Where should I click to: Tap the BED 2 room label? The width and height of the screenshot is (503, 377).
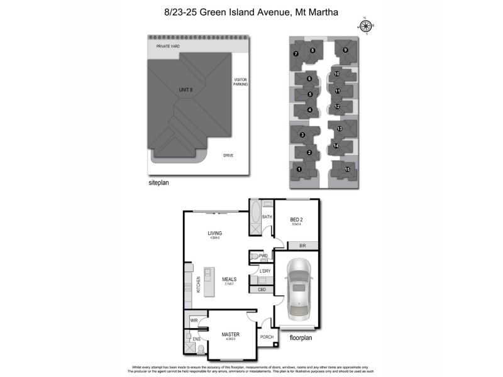click(x=296, y=220)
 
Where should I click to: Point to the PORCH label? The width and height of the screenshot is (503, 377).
click(x=267, y=337)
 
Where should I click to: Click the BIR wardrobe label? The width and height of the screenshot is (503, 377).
click(x=302, y=245)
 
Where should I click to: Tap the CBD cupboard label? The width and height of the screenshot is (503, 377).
click(x=262, y=290)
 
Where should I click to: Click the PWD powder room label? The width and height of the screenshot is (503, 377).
click(x=263, y=256)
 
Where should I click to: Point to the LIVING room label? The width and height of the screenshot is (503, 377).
click(x=216, y=233)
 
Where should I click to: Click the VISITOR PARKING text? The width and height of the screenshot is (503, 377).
click(x=241, y=82)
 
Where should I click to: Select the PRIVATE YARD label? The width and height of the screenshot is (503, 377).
click(x=169, y=46)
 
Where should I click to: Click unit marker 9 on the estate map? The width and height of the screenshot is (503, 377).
click(x=345, y=50)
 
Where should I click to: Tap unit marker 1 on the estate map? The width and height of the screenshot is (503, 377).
click(x=299, y=169)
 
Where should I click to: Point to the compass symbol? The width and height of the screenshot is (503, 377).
click(x=365, y=26)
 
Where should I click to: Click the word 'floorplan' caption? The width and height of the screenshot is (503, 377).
click(x=302, y=337)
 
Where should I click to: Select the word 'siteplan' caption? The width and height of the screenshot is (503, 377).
click(x=158, y=183)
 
